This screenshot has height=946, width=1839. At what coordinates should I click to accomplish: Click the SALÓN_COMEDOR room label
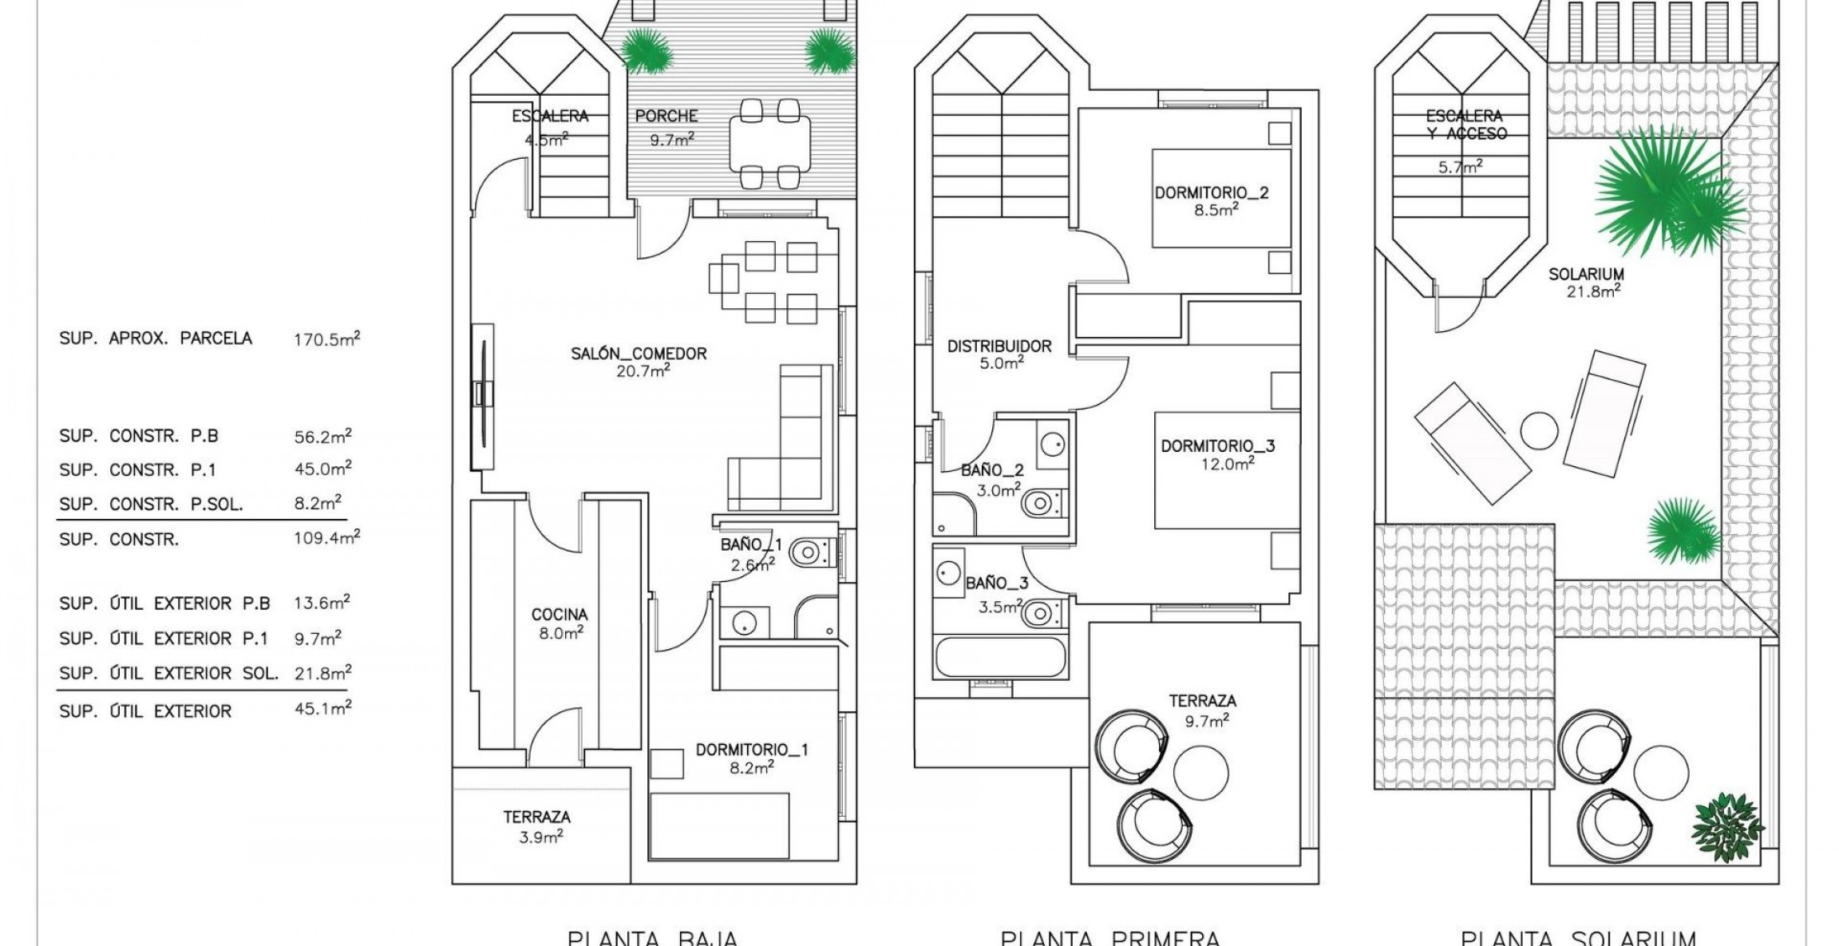639,354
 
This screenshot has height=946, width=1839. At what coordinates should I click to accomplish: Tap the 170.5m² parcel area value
326,339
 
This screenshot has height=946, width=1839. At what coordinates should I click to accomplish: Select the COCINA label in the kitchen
559,615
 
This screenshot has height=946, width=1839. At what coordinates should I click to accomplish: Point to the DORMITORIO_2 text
1211,193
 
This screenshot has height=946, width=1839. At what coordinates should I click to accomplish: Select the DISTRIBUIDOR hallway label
999,346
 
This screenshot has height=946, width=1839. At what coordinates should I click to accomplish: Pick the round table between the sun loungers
1539,431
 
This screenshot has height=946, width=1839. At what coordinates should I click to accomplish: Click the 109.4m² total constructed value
326,538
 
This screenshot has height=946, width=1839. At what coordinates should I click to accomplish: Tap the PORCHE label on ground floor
666,117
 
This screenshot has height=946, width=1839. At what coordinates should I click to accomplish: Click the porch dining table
769,143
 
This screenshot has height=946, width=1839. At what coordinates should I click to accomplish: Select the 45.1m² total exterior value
322,709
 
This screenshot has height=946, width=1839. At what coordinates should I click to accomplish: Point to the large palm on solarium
1664,192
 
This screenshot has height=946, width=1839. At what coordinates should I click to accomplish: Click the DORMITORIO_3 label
1217,446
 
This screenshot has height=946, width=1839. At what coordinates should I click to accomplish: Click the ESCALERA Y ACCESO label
1465,125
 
